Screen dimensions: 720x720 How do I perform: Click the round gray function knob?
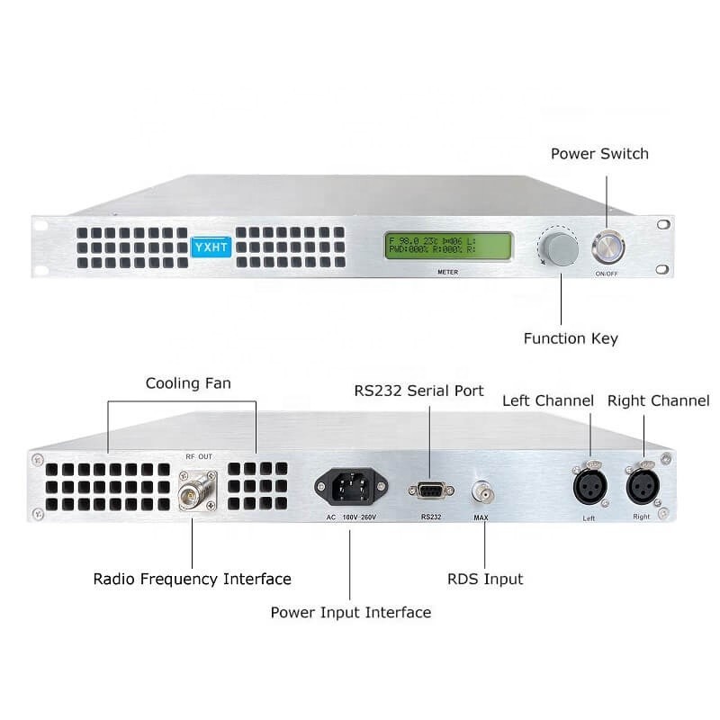[558, 247]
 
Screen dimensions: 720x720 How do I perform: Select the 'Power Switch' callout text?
[599, 154]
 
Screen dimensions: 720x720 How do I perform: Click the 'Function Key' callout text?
[571, 339]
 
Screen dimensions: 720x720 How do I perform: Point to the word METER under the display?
[447, 271]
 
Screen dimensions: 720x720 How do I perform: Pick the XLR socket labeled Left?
[589, 488]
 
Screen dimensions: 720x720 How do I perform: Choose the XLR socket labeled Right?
[643, 488]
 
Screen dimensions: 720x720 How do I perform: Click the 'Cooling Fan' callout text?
[188, 383]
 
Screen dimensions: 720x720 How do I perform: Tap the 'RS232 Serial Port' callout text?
[418, 391]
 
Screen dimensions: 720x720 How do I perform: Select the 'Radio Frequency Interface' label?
[193, 579]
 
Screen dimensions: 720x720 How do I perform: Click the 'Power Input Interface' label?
[351, 612]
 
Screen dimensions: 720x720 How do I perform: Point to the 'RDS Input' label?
[485, 579]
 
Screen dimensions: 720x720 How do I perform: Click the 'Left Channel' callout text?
[548, 400]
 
